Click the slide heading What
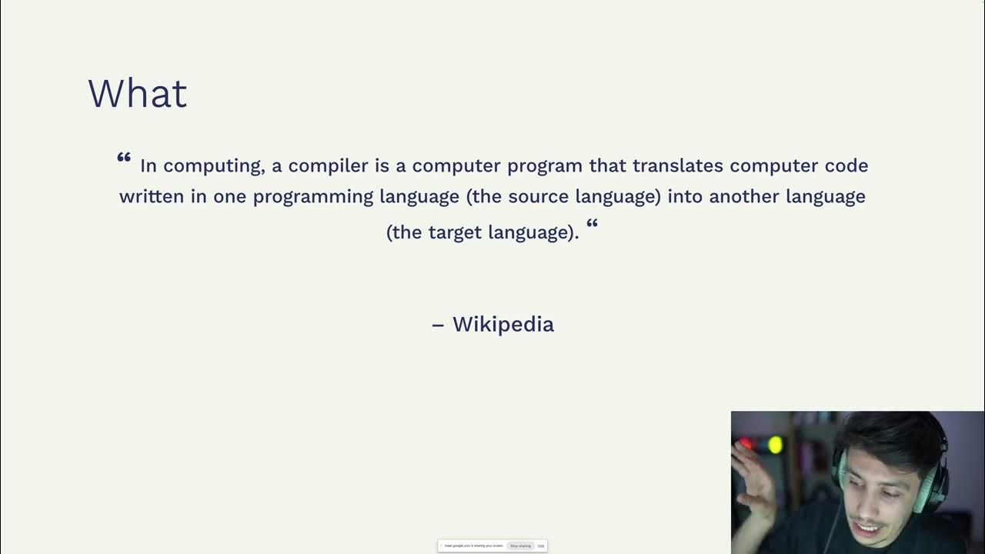coord(137,94)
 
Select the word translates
coord(678,165)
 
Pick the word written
coord(152,196)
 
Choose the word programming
coord(313,197)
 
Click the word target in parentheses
coord(452,232)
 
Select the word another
coord(743,196)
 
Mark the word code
coord(846,165)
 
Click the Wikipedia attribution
coord(503,324)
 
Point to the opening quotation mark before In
coord(124,158)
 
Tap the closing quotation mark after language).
coord(592,224)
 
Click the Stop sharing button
coord(520,546)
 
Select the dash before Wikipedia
coord(438,325)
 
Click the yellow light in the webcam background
coord(775,445)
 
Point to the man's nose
coord(880,504)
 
